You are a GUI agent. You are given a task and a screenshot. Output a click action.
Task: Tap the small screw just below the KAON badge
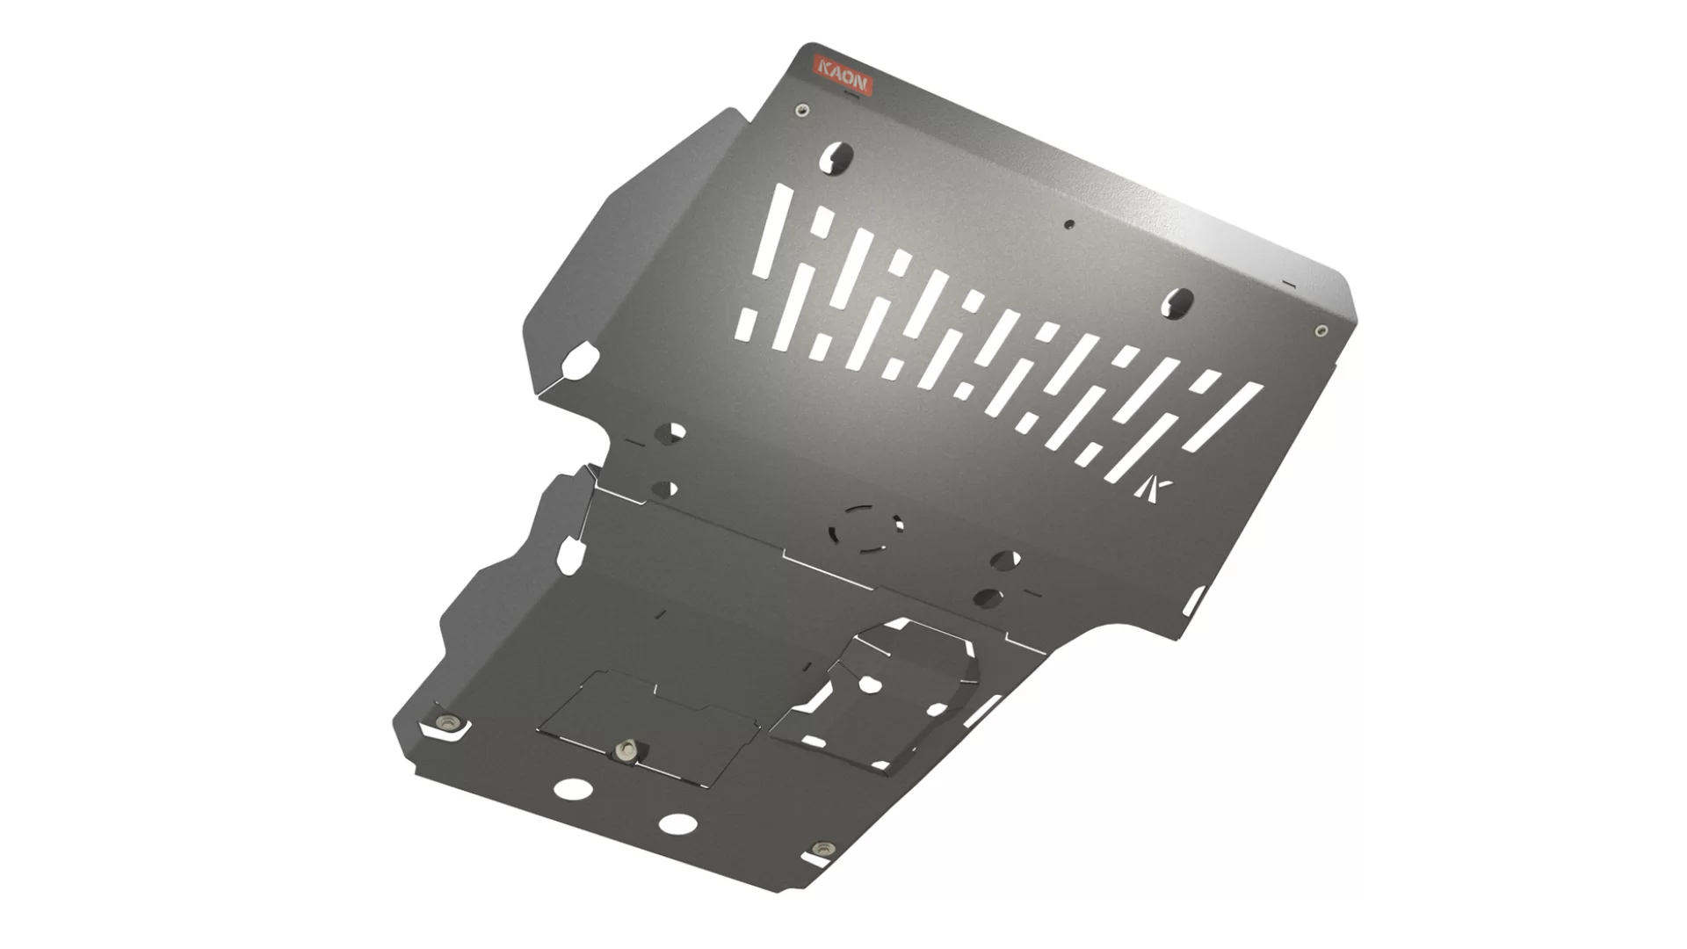[800, 110]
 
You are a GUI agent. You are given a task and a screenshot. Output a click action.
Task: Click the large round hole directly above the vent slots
[837, 157]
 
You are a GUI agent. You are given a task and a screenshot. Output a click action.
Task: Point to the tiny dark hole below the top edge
[1069, 224]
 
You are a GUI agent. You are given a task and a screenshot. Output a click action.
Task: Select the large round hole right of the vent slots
[1178, 302]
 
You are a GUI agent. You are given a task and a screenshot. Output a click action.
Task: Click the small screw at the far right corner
[1321, 331]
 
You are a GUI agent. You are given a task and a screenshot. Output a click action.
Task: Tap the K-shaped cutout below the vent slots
[1151, 490]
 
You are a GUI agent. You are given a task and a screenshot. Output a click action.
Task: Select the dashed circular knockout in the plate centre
[865, 529]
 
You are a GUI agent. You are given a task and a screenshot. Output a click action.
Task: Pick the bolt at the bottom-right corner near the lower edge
[823, 849]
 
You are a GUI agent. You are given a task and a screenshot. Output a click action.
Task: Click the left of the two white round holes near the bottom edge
[572, 788]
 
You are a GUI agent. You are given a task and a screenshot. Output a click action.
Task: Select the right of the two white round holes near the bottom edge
[678, 823]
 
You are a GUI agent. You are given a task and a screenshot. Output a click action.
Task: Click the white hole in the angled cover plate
[870, 684]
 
